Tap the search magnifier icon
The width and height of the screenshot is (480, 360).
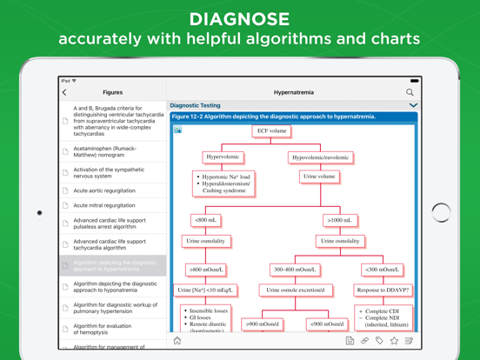click(x=410, y=92)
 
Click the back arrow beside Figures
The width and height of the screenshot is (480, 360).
click(x=64, y=92)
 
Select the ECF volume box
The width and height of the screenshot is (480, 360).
click(x=271, y=131)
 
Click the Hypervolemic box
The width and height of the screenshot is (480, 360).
click(x=223, y=157)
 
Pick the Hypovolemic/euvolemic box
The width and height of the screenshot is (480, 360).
click(x=320, y=157)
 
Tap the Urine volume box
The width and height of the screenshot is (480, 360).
click(x=319, y=177)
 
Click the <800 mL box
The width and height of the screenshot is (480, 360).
click(x=206, y=221)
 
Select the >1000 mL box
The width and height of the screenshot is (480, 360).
click(x=340, y=221)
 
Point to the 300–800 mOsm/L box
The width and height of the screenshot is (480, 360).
click(x=294, y=270)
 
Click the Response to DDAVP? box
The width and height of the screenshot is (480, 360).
click(x=383, y=290)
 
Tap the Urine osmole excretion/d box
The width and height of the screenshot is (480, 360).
click(x=295, y=290)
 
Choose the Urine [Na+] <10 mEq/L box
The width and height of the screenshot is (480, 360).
click(x=205, y=290)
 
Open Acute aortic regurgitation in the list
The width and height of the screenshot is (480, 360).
click(x=104, y=190)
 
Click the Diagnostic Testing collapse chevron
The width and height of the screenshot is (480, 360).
click(x=413, y=105)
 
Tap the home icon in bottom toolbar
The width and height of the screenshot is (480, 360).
click(x=177, y=341)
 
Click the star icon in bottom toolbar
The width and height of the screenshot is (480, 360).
click(x=394, y=341)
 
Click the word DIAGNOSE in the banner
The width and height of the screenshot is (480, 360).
click(x=239, y=18)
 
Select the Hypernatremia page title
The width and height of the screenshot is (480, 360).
click(x=293, y=92)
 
